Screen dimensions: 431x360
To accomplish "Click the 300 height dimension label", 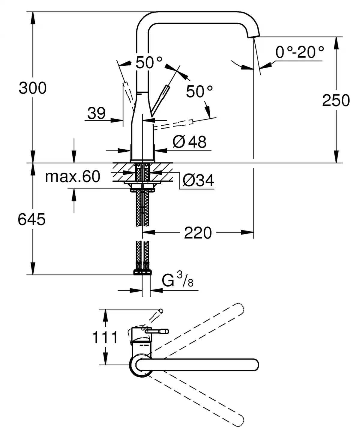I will [33, 88].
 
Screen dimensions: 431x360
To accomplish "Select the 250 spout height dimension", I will [336, 100].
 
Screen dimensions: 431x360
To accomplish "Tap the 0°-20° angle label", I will [300, 52].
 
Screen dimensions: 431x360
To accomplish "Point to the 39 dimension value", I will [97, 113].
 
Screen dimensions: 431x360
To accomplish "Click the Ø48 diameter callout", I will [190, 141].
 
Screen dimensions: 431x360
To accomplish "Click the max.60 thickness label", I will [73, 177].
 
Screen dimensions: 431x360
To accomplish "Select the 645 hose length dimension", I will [31, 219].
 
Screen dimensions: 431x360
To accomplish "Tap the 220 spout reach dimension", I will [198, 233].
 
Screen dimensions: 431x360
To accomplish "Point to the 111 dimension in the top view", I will [105, 338].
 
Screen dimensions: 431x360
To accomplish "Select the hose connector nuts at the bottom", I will [142, 272].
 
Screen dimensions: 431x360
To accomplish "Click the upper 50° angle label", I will [149, 63].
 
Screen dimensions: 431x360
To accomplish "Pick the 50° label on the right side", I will [199, 91].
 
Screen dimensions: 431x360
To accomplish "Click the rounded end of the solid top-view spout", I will [254, 364].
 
